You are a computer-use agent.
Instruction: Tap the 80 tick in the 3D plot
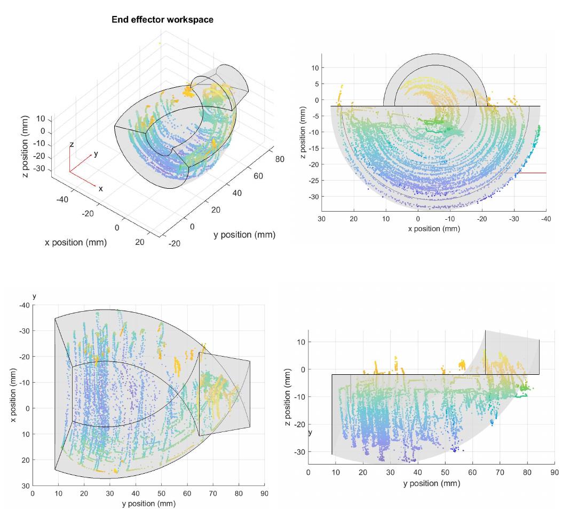point(279,159)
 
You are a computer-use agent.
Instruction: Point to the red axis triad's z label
point(72,145)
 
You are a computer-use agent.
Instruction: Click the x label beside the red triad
point(100,188)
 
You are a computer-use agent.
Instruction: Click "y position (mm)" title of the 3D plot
point(244,235)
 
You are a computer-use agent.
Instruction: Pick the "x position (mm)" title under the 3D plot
point(75,242)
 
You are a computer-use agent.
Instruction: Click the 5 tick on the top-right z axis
point(316,84)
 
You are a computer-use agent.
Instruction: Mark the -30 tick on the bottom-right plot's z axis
point(299,452)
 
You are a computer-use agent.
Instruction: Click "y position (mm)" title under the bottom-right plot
point(432,483)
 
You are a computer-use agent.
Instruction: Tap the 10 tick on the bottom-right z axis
point(301,342)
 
